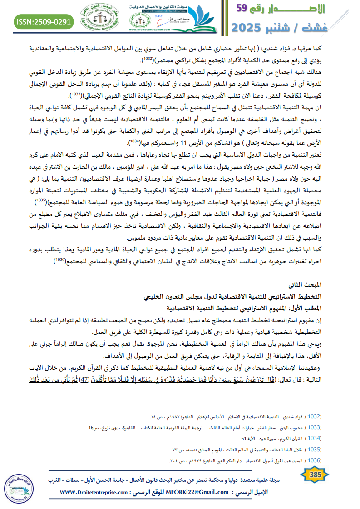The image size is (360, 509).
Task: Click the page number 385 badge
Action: [315, 475]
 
